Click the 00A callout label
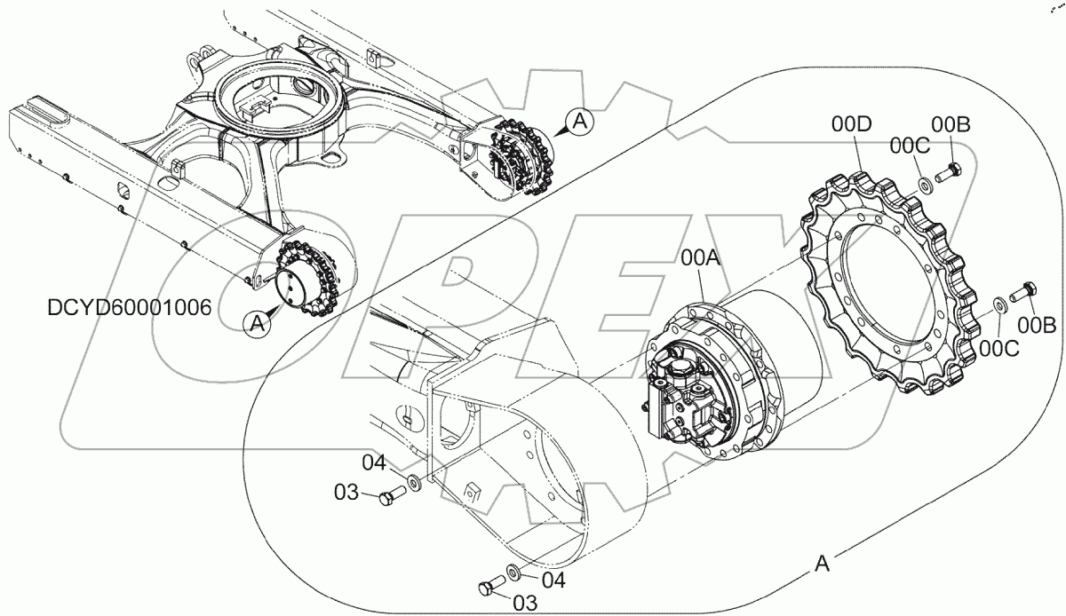click(701, 258)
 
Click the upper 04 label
click(373, 463)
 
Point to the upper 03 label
click(347, 491)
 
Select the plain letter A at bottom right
click(823, 563)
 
